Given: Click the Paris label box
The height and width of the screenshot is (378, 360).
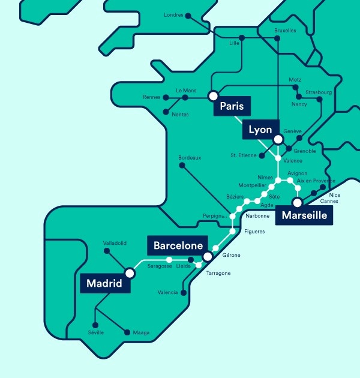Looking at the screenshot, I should [232, 107].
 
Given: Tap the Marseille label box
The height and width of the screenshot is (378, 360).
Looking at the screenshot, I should [305, 216].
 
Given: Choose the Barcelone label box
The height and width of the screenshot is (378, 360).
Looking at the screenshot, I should [179, 245].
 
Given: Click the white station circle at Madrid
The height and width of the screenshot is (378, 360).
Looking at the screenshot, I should [130, 273].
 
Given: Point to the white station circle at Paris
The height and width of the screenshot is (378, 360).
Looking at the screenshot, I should [212, 95].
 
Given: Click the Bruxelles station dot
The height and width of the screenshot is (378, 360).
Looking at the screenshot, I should [277, 39].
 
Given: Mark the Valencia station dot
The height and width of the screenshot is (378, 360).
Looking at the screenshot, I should [184, 293].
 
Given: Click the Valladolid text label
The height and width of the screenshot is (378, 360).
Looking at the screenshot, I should [114, 243].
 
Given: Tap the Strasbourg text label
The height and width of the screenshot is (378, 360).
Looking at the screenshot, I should [317, 92].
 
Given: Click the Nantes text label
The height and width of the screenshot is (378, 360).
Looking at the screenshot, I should [180, 115].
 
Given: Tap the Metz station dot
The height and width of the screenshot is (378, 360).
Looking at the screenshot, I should [296, 86].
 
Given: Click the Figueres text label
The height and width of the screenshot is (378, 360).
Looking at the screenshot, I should [255, 232].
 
